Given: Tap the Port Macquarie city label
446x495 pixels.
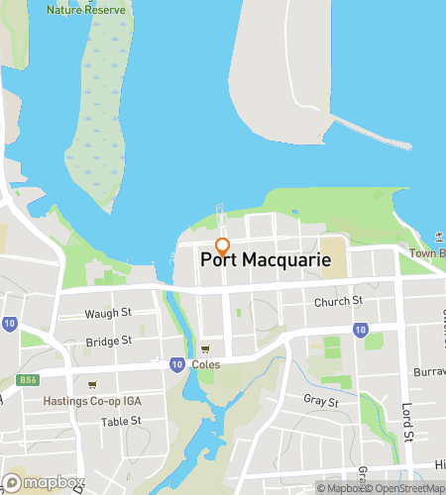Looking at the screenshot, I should [x=266, y=260].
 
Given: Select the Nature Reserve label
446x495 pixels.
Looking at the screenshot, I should [x=85, y=10].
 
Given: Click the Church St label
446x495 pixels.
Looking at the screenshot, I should [x=338, y=301].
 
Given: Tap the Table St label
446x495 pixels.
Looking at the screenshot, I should [x=122, y=421].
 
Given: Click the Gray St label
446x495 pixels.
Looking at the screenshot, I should [x=322, y=402].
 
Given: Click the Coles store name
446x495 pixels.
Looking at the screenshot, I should [x=206, y=365].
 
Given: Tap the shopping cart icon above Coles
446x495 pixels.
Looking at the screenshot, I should [x=206, y=349].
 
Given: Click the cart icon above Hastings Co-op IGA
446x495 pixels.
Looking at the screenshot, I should [x=92, y=385].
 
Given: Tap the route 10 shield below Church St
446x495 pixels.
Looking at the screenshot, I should [x=361, y=329].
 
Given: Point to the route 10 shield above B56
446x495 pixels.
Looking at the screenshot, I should [x=9, y=323].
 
